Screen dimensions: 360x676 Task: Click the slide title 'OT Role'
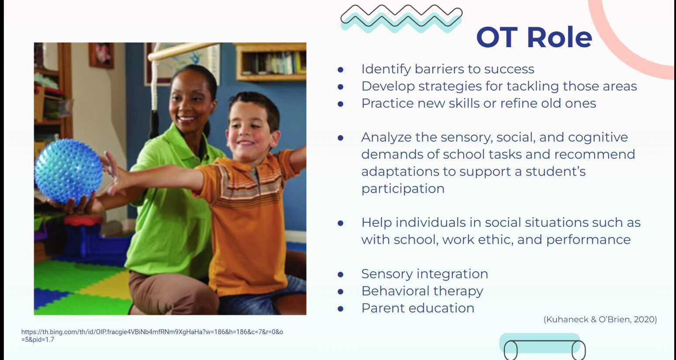534,38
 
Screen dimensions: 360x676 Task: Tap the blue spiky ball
68,171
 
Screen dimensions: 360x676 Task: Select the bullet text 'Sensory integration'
424,274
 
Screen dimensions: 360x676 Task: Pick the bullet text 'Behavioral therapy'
422,291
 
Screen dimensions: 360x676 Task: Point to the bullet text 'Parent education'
417,308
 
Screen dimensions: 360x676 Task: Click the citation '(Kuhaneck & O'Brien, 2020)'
600,319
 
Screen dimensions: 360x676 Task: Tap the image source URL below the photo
152,336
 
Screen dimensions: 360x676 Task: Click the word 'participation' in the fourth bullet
403,188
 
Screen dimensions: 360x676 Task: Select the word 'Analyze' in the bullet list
386,137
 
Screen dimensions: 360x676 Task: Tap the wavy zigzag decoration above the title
401,18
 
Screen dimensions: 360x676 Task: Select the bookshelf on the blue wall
271,62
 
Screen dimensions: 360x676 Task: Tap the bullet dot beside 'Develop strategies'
341,87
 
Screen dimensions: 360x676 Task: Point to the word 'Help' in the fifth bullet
376,222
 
